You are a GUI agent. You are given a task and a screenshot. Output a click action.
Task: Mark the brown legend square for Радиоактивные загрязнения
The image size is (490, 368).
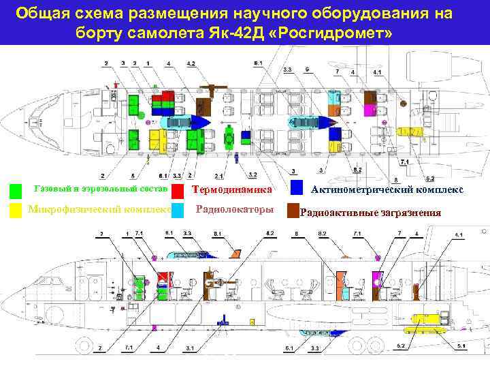(x=293, y=211)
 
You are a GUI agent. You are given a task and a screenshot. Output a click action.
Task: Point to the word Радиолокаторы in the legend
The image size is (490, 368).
(x=233, y=210)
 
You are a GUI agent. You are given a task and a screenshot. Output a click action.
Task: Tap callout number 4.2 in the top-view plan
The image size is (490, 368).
(x=191, y=64)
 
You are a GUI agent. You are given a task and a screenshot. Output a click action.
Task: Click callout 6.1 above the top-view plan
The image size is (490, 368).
(x=258, y=63)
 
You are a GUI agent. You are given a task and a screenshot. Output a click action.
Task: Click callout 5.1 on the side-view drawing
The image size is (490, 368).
(x=461, y=347)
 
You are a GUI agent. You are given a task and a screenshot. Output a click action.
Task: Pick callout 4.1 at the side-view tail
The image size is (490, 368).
(x=459, y=235)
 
